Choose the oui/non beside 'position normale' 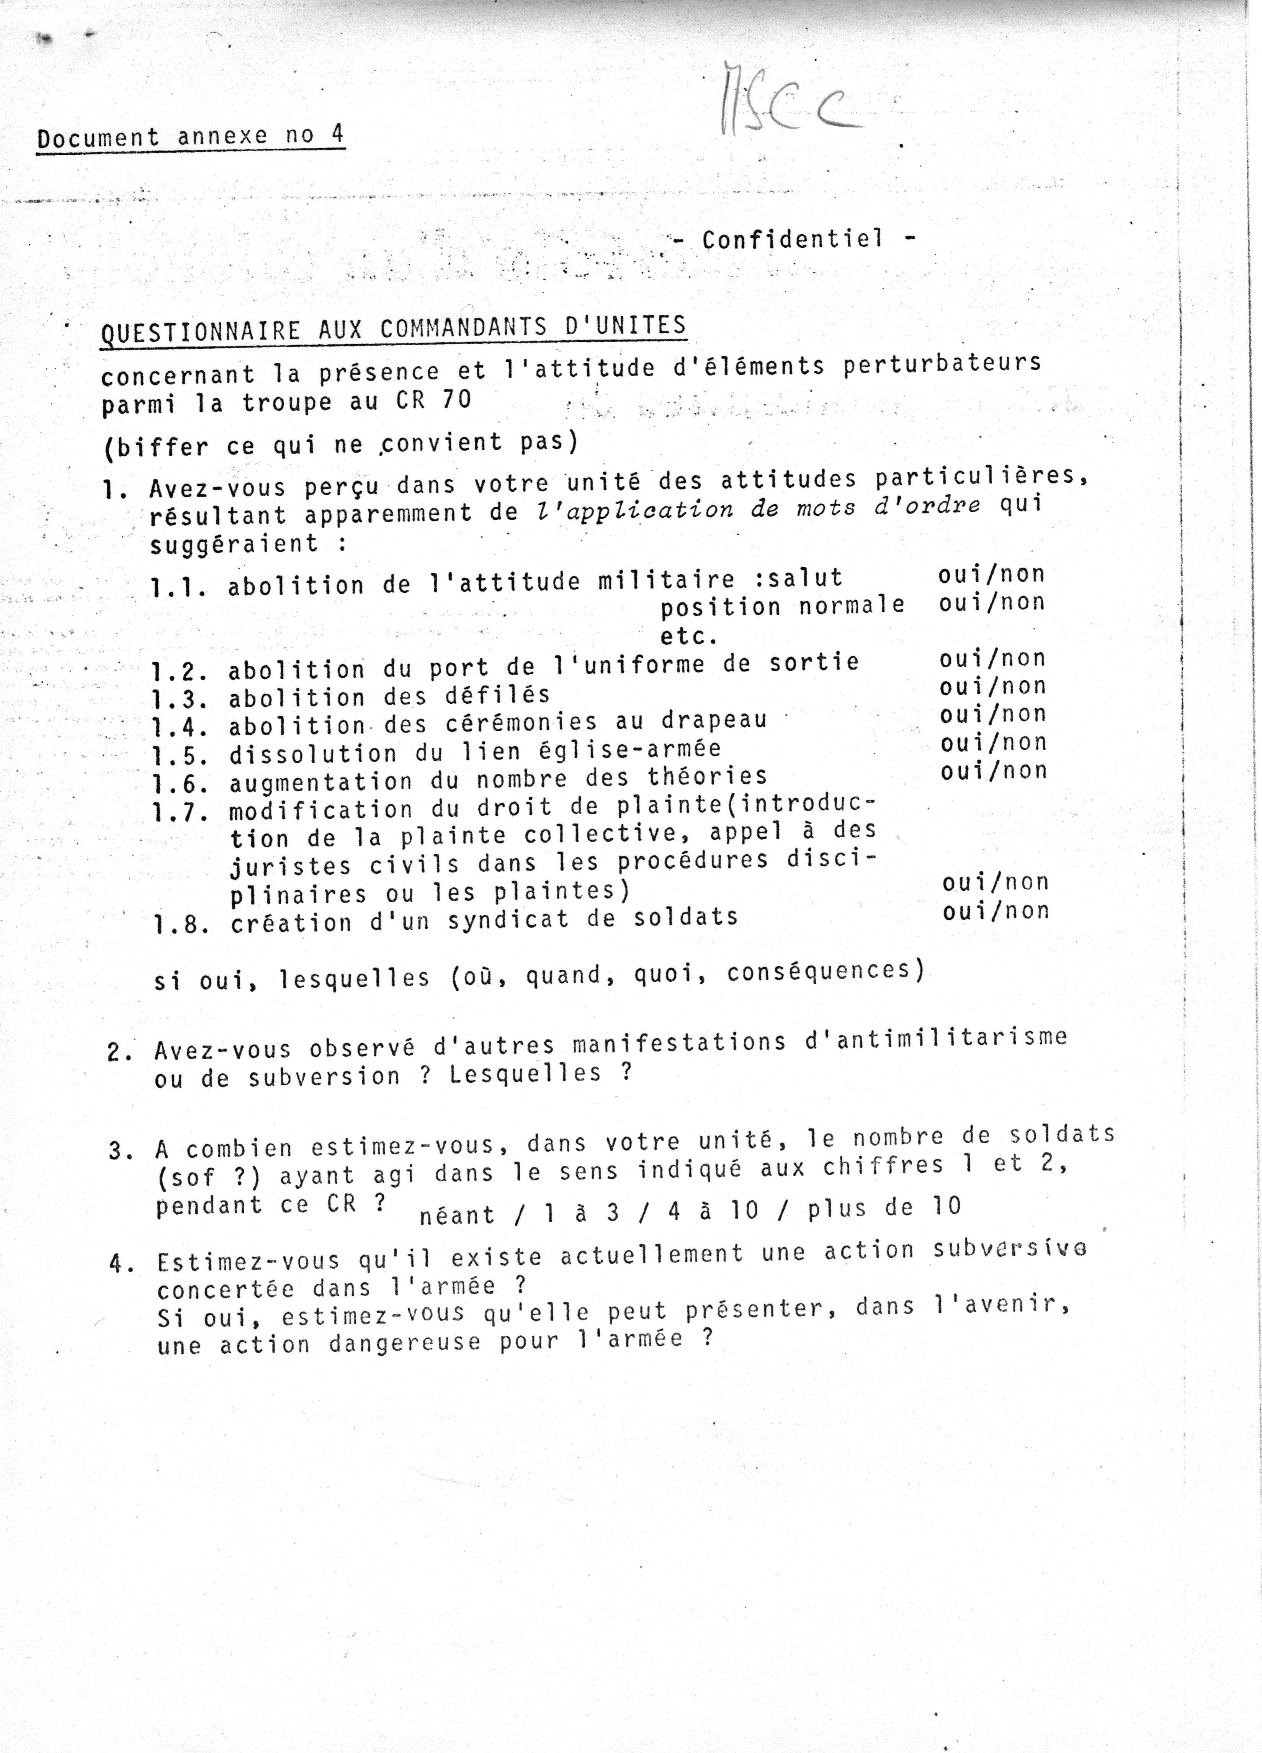tap(992, 602)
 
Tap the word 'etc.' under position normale tap(688, 636)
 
